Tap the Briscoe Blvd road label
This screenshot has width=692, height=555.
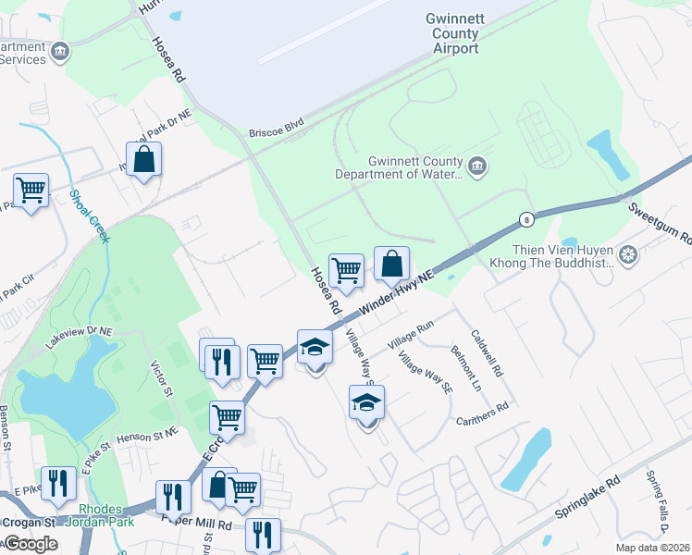click(277, 133)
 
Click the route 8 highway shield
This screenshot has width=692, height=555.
click(526, 219)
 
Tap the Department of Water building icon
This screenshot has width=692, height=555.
click(477, 166)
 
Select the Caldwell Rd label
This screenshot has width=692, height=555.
click(486, 354)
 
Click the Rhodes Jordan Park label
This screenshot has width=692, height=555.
click(107, 515)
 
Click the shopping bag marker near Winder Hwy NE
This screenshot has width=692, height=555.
click(391, 264)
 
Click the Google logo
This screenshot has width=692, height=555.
click(31, 543)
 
